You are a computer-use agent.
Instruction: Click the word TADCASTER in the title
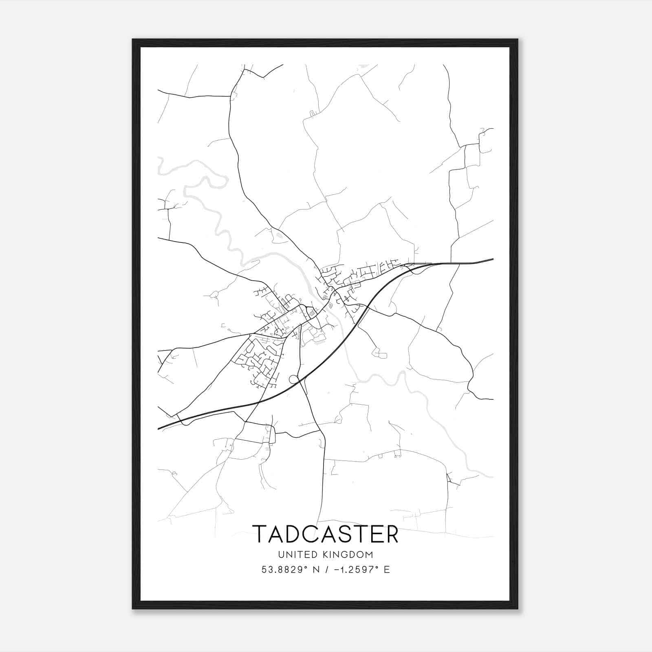point(325,534)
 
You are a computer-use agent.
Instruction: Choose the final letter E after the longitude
point(387,570)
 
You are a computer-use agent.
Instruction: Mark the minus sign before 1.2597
point(337,570)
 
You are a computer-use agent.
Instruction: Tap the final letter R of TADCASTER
point(390,534)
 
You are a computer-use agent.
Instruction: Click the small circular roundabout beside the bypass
point(293,380)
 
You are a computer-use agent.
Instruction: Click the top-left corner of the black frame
point(133,40)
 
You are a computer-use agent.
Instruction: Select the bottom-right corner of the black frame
point(518,608)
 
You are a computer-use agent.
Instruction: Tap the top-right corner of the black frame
point(518,40)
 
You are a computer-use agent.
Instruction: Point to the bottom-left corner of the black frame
point(133,608)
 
